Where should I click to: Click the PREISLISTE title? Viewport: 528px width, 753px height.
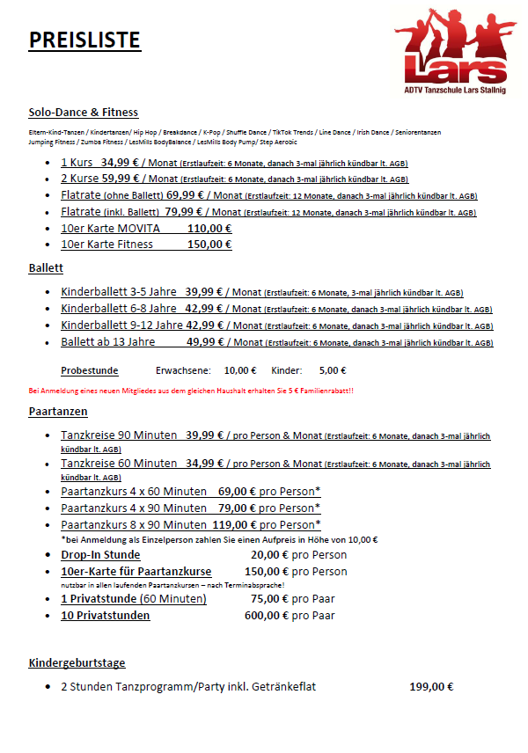point(84,40)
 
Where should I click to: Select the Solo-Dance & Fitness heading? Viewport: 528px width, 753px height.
point(84,113)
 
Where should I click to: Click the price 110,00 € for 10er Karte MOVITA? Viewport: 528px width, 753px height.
point(209,228)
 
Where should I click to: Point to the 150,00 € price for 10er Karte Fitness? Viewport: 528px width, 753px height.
point(209,244)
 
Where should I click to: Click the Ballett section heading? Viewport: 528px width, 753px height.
point(46,268)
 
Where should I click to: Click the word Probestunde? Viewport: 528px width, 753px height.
point(89,370)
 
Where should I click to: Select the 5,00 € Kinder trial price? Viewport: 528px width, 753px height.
point(357,370)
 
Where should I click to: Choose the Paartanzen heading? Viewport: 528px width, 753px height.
point(58,411)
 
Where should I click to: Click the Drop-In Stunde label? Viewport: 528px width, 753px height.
point(100,555)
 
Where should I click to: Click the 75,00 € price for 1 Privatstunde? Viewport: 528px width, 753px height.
point(268,599)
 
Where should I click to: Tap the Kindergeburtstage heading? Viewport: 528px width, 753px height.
point(77,662)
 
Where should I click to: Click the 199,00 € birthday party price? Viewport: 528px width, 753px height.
point(431,687)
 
